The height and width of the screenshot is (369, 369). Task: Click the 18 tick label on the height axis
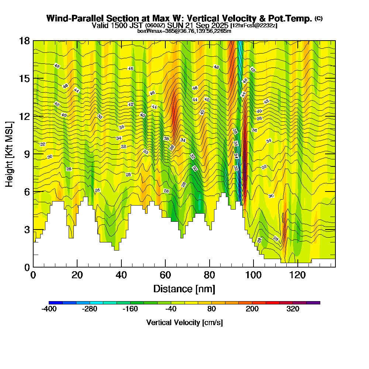click(24, 41)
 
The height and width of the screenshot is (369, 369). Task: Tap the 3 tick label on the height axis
click(27, 229)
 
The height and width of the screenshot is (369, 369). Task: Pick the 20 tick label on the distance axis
click(77, 275)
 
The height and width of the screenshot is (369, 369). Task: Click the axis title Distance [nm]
click(184, 289)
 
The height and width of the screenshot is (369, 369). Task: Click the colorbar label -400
click(49, 309)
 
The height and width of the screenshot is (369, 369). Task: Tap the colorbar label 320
click(293, 309)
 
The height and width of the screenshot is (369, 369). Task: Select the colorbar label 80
click(211, 309)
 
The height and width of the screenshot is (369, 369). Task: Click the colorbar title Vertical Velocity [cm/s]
click(184, 323)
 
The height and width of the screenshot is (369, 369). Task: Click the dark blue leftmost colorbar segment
click(56, 303)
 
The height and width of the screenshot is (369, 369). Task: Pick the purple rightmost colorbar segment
click(313, 303)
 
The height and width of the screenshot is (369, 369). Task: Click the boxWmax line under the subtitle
click(184, 31)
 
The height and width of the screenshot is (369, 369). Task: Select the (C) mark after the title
click(318, 18)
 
